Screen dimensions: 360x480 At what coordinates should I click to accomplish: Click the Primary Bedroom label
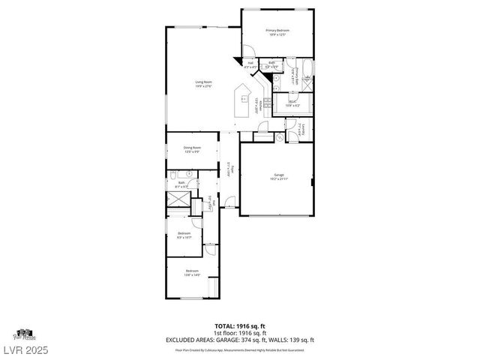[277, 31]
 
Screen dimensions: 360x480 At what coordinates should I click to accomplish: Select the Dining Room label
[193, 149]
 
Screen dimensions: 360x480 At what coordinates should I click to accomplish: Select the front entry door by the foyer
[231, 202]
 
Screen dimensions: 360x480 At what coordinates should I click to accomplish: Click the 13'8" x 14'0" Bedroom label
[191, 273]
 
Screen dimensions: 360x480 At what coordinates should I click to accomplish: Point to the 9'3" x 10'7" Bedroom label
[184, 235]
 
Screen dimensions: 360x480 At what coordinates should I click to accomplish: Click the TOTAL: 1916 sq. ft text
[240, 326]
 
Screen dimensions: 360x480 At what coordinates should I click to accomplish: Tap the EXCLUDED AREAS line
[240, 339]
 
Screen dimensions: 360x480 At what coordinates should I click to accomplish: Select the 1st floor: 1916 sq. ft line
[240, 333]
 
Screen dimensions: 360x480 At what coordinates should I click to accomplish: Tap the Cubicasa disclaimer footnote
[240, 349]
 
